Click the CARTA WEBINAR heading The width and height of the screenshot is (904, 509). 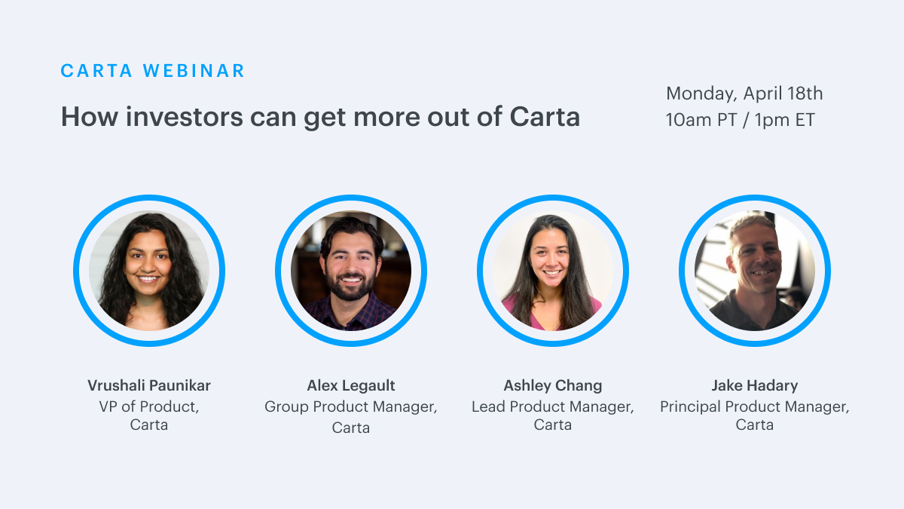tap(152, 71)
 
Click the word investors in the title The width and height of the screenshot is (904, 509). tap(185, 117)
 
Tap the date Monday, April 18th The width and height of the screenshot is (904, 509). tap(744, 94)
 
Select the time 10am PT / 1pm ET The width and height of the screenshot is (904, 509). tap(740, 120)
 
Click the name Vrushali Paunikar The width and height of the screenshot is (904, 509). tap(149, 385)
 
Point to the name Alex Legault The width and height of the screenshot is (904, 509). tap(351, 385)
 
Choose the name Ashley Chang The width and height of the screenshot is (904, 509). tap(552, 385)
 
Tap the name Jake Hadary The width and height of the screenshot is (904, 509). tap(754, 385)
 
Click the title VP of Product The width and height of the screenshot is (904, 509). tap(148, 406)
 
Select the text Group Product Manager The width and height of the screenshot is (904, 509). tap(350, 406)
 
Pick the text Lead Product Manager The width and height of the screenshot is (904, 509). tap(551, 406)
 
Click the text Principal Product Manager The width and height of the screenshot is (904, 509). tap(753, 406)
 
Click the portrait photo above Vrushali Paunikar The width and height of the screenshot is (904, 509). tap(149, 270)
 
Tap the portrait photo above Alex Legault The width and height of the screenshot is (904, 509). tap(351, 270)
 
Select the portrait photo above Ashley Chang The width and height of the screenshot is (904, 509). tap(552, 270)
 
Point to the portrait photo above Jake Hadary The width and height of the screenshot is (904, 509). tap(754, 270)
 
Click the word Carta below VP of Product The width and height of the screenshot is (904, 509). tap(149, 425)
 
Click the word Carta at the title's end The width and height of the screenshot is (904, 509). tap(545, 117)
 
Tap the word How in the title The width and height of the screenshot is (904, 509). tap(90, 117)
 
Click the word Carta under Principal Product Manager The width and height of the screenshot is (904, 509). tap(754, 425)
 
